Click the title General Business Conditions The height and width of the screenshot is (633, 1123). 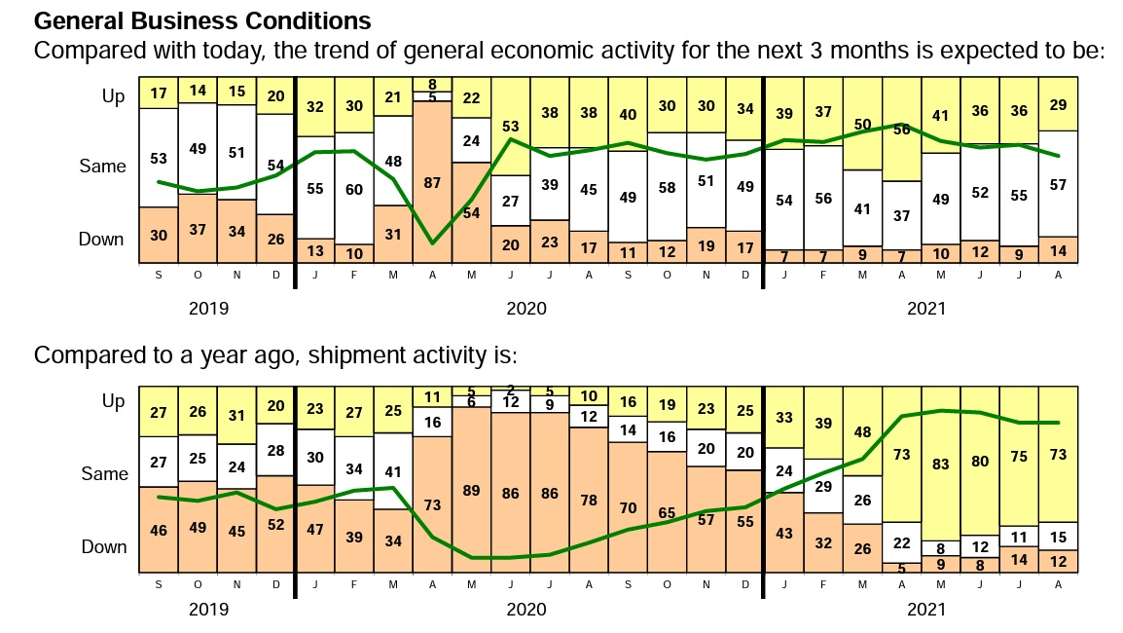(202, 20)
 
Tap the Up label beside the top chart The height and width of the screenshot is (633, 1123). (113, 96)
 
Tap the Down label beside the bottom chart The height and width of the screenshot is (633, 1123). (103, 546)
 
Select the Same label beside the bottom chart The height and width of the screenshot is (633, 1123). (103, 474)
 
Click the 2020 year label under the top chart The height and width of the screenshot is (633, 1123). (526, 310)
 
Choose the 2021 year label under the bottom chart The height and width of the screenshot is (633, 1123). (925, 610)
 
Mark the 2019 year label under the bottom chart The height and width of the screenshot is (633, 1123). (207, 610)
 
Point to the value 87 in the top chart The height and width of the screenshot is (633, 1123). (432, 182)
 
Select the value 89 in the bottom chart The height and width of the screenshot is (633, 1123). (471, 491)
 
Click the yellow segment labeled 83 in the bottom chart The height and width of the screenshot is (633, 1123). (940, 465)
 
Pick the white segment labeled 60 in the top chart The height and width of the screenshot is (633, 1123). (354, 189)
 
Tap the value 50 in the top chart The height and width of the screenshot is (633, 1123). (862, 125)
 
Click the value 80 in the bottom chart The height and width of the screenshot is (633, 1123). (979, 462)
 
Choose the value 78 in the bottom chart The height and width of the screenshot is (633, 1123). (589, 500)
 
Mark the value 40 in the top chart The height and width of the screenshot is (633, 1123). (628, 114)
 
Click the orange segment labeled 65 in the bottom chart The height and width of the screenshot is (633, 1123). (667, 512)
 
